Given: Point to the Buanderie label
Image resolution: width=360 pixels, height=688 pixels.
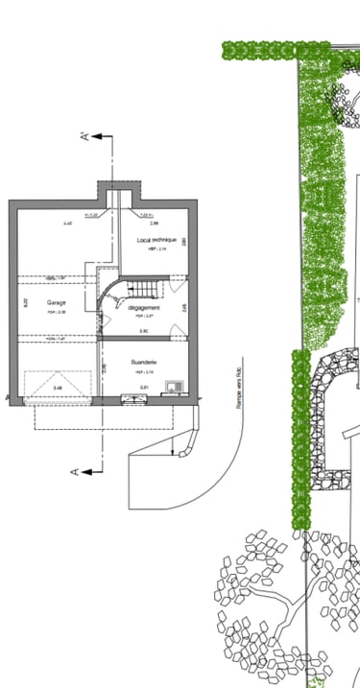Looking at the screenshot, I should (x=144, y=362).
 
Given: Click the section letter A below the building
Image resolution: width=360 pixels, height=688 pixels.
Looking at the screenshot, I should (x=73, y=470).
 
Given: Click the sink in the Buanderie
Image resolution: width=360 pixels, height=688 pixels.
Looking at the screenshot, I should (x=174, y=387).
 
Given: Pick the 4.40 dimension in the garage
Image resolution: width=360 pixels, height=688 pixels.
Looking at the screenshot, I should (x=67, y=224).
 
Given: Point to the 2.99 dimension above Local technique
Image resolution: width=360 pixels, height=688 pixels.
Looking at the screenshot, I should (x=154, y=224).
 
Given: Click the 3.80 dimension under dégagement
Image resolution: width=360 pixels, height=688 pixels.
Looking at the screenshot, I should (x=143, y=331).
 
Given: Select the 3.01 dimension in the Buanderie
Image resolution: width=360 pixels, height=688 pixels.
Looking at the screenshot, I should (x=144, y=387).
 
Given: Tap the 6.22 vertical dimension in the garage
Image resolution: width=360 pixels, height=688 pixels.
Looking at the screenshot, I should (x=26, y=302).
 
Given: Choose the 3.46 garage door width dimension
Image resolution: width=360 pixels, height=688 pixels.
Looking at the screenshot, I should (x=58, y=388).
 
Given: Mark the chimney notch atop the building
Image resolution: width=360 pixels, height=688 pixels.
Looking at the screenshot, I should (x=118, y=191).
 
